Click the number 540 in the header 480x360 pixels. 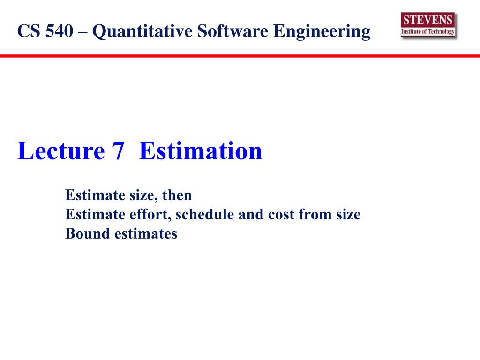pos(60,31)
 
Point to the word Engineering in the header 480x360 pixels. pos(322,32)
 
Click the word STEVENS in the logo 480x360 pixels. pos(427,20)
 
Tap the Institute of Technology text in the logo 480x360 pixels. pos(427,31)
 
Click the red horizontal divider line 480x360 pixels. pos(240,56)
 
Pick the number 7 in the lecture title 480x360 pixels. pos(118,151)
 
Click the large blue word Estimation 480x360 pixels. pos(201,150)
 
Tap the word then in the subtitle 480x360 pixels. pos(177,195)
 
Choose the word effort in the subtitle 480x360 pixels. pos(150,214)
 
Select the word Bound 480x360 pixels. pos(88,233)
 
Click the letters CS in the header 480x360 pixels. pos(29,31)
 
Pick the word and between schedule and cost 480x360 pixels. pos(251,214)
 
